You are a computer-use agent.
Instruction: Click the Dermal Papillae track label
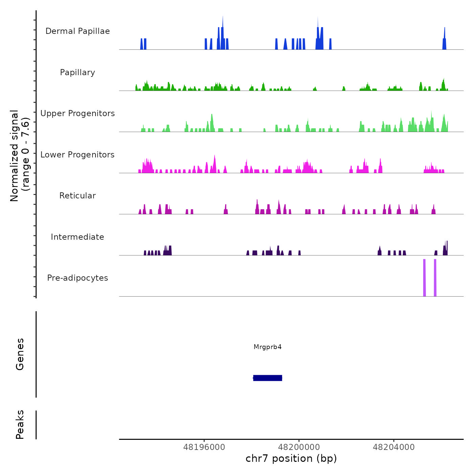[78, 31]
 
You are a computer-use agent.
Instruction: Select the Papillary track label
[78, 72]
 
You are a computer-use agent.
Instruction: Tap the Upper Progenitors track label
[78, 113]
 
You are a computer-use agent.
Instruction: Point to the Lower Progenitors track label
[78, 155]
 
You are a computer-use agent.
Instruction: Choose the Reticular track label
[78, 196]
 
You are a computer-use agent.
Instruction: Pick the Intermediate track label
[78, 237]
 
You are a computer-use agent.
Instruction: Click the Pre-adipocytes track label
[78, 278]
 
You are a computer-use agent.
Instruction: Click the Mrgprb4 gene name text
[267, 347]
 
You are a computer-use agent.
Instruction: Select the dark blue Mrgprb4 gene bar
[267, 378]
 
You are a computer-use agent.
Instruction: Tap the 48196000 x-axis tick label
[204, 447]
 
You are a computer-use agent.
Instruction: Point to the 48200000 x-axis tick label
[299, 447]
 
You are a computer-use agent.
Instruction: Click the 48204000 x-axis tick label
[394, 447]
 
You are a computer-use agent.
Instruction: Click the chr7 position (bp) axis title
[291, 459]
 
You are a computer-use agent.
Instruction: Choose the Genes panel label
[20, 354]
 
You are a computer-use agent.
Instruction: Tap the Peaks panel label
[20, 425]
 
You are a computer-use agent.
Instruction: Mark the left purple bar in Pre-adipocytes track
[424, 278]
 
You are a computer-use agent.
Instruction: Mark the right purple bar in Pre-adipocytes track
[435, 278]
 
